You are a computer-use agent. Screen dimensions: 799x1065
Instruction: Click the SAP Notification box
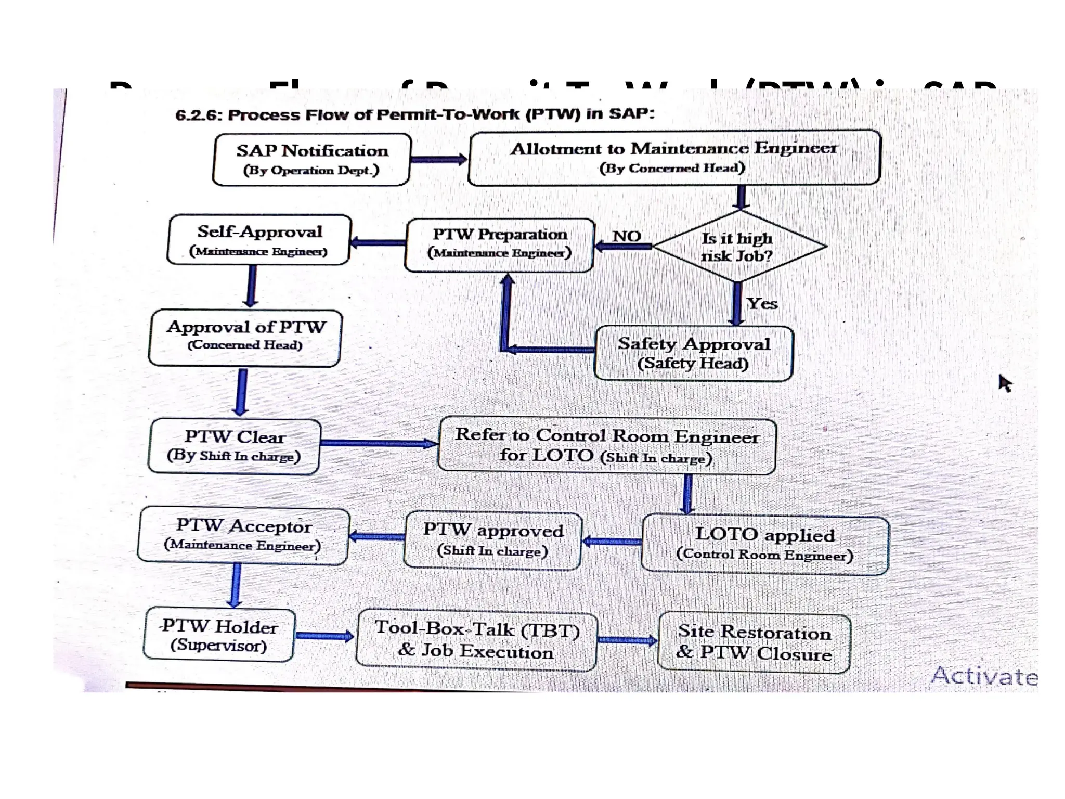tap(312, 159)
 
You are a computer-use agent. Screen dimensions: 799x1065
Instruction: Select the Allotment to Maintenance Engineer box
tap(674, 158)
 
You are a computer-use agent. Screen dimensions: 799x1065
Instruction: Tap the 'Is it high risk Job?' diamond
tap(738, 247)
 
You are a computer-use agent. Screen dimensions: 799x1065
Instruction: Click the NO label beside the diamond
tap(626, 236)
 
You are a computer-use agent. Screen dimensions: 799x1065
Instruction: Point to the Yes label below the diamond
tap(762, 303)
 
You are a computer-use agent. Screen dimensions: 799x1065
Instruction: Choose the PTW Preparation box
tap(500, 245)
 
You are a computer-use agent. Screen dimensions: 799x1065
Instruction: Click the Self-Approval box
tap(259, 240)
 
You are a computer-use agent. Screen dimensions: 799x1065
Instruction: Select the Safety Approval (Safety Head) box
tap(693, 353)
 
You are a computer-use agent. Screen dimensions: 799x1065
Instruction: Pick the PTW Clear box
tap(235, 446)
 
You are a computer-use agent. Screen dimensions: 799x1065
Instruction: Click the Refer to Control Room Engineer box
tap(607, 446)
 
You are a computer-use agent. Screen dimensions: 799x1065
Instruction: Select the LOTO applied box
tap(764, 545)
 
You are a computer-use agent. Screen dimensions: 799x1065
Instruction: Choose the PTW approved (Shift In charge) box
tap(492, 540)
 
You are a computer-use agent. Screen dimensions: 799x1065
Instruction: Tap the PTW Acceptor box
tap(243, 536)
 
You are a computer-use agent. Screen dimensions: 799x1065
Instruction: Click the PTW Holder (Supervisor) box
tap(219, 635)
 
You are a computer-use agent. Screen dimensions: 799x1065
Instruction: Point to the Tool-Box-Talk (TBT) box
tap(476, 640)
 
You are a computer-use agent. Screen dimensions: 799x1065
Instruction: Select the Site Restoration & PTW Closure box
tap(754, 643)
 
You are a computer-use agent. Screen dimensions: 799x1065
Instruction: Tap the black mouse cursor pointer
tap(1005, 383)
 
